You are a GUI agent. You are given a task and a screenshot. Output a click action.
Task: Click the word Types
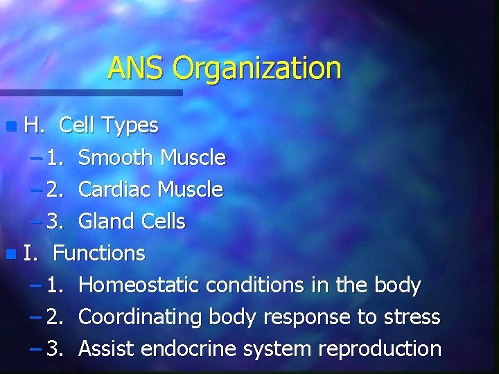(x=130, y=126)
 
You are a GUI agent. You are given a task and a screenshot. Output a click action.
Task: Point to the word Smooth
(x=116, y=158)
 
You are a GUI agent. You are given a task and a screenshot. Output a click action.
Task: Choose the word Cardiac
(x=116, y=189)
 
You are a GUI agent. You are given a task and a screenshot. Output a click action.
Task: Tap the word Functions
(x=99, y=253)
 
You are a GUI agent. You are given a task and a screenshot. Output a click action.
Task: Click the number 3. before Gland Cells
(x=55, y=222)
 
